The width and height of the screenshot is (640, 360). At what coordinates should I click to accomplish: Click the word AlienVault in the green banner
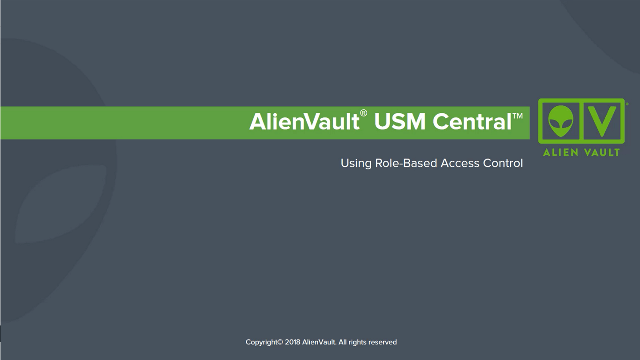tap(304, 122)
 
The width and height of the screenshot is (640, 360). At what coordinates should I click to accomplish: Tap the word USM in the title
tap(400, 122)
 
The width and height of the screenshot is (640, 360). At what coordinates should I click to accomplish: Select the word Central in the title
tap(472, 122)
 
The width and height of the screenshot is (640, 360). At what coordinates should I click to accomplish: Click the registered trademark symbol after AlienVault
tap(364, 113)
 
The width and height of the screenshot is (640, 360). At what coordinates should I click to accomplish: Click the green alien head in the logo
tap(561, 121)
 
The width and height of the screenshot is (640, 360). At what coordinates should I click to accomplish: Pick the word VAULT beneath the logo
tap(602, 152)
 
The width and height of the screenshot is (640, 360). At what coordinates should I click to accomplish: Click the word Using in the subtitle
tap(356, 164)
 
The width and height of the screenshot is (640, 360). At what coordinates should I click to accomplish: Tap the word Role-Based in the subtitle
tap(406, 163)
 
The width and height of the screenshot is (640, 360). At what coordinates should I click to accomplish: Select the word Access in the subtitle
tap(460, 163)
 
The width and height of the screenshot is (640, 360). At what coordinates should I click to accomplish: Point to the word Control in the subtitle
tap(503, 163)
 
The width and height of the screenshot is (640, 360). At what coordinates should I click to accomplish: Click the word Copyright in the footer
tap(261, 342)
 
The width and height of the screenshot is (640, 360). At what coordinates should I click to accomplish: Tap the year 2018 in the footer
tap(292, 342)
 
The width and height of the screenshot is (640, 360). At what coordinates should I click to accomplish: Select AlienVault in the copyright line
tap(319, 342)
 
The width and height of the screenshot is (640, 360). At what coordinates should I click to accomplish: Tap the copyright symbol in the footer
tap(280, 342)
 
